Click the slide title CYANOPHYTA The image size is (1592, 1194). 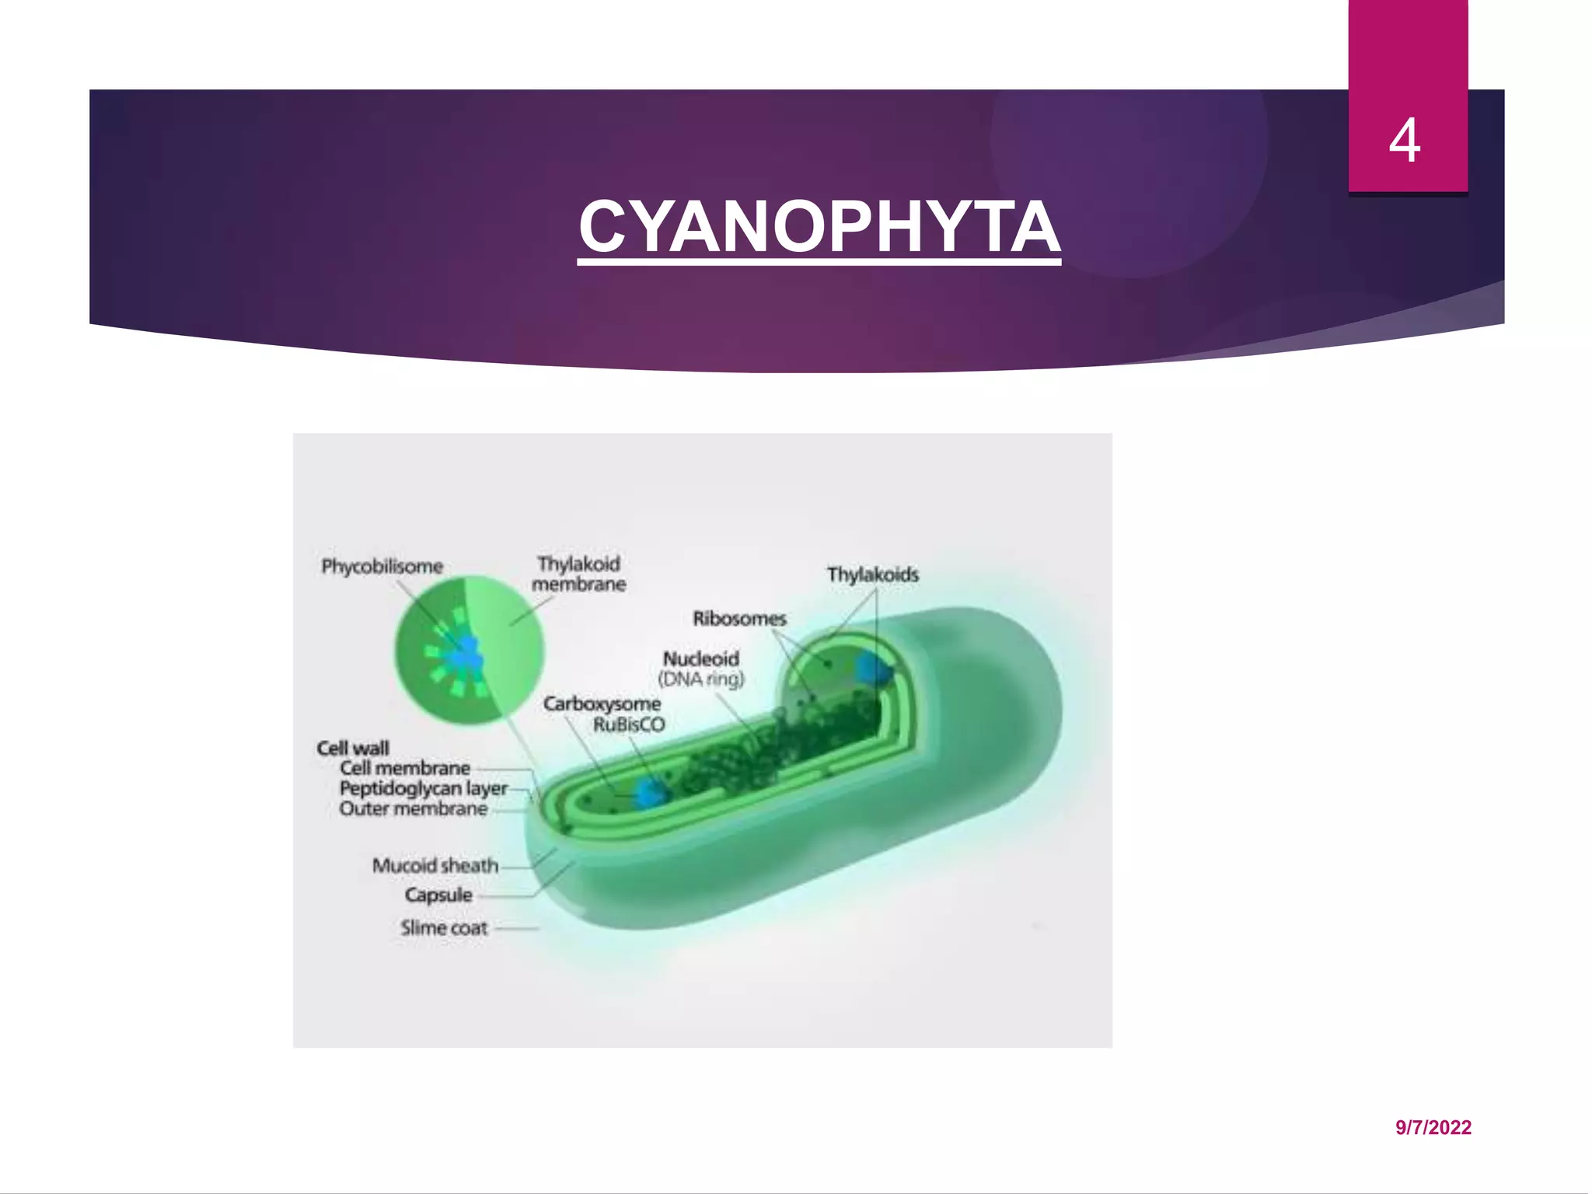click(819, 227)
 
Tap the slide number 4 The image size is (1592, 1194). click(1405, 141)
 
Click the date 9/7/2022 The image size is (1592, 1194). click(1433, 1128)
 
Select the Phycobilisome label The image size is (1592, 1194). click(382, 567)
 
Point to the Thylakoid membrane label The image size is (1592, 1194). click(579, 574)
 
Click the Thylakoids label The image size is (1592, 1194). click(872, 575)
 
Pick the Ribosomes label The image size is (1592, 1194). click(739, 619)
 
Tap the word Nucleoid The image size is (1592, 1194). click(700, 658)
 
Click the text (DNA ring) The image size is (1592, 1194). click(701, 679)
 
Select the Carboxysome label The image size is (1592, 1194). click(602, 704)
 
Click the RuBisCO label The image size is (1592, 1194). click(629, 725)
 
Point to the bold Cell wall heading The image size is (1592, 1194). click(353, 749)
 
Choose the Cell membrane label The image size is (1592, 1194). click(405, 769)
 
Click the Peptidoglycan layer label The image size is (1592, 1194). click(423, 789)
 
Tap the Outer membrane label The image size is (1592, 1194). click(414, 809)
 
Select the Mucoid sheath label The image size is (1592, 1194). click(435, 866)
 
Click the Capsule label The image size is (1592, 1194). click(438, 895)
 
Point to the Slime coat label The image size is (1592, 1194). click(444, 928)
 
